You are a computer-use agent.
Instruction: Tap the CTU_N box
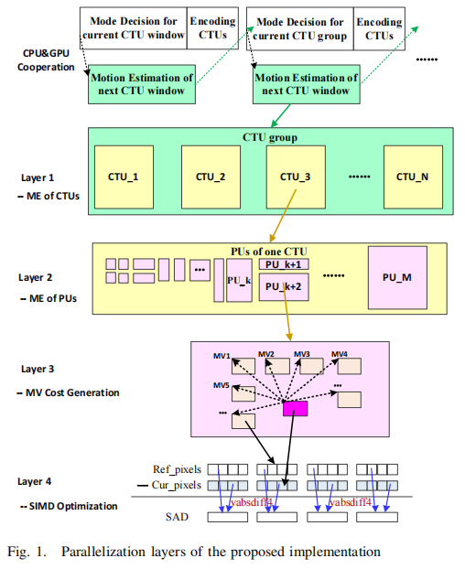pos(411,176)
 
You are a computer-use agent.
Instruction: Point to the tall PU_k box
pos(238,279)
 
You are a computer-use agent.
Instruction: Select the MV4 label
pos(339,354)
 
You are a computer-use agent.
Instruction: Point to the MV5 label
pos(222,385)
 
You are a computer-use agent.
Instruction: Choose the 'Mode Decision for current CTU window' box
pos(133,29)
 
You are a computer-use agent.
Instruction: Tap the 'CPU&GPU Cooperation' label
pos(47,60)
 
